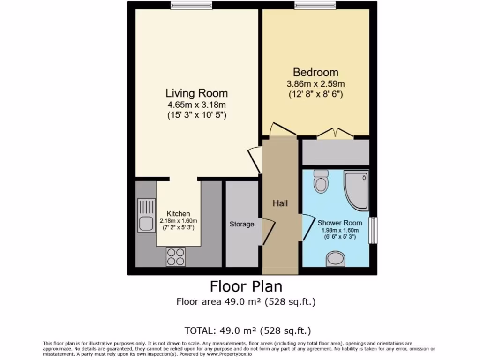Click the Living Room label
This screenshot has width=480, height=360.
click(x=196, y=93)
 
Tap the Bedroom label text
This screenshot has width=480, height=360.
click(x=315, y=72)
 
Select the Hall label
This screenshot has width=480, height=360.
click(x=280, y=203)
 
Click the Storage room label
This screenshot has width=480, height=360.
click(x=241, y=224)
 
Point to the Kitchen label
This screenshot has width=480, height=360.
click(x=179, y=214)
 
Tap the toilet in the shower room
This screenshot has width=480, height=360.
click(x=321, y=181)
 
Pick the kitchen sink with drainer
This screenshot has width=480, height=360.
click(x=146, y=215)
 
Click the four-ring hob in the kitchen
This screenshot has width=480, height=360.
click(x=175, y=256)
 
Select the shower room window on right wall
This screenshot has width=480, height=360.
click(x=373, y=230)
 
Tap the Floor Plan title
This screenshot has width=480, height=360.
click(x=246, y=285)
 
